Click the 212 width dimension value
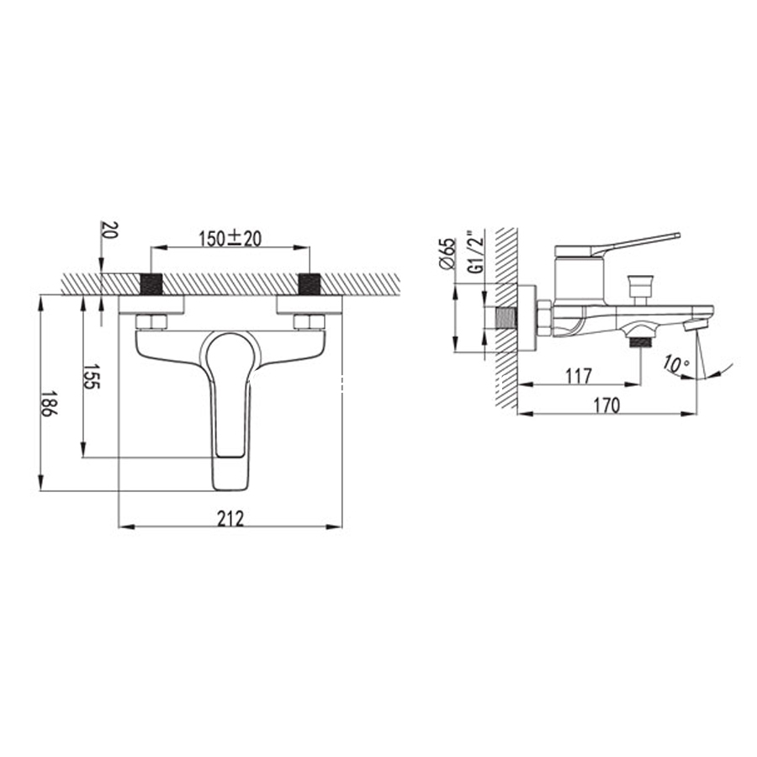coord(230,518)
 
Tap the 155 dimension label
coord(92,377)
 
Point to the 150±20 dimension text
coord(230,239)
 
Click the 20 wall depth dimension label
coord(109,230)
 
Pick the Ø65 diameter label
coord(447,253)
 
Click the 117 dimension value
coord(579,376)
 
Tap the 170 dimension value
coord(606,405)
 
